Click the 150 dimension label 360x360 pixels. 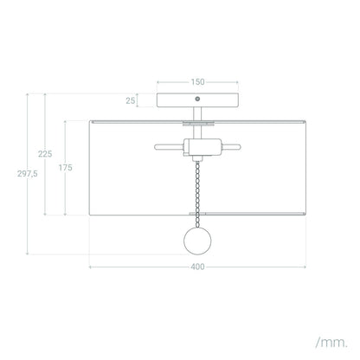click(x=197, y=82)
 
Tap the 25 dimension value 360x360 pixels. click(x=131, y=100)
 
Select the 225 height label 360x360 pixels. click(x=45, y=154)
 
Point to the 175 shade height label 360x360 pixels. click(x=66, y=168)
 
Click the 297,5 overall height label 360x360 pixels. click(x=28, y=174)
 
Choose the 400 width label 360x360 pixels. click(x=197, y=267)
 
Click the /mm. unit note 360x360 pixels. click(x=331, y=343)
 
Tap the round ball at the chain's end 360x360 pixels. click(x=197, y=241)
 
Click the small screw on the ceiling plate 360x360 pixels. click(x=197, y=99)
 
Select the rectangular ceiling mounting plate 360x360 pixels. click(x=197, y=100)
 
